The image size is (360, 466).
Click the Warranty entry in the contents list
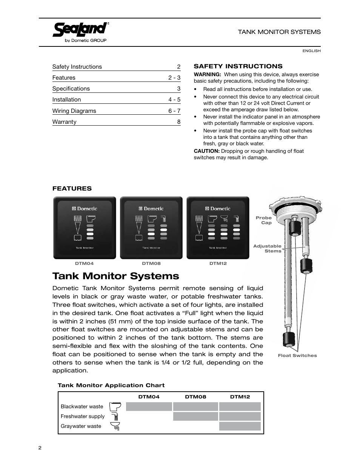(x=65, y=122)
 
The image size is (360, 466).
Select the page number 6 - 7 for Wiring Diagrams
(x=174, y=111)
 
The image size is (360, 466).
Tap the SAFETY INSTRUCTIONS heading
(x=238, y=66)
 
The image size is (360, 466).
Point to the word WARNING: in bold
(x=207, y=74)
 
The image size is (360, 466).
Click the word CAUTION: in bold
(x=206, y=151)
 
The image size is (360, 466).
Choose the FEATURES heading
(x=72, y=189)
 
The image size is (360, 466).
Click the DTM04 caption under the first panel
(x=84, y=263)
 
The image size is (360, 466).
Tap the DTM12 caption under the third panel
(x=218, y=263)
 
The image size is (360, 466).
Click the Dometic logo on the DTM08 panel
(x=151, y=208)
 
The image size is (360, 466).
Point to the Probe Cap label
(x=264, y=220)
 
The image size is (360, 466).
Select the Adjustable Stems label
(x=267, y=248)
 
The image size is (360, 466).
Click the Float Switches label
(x=297, y=355)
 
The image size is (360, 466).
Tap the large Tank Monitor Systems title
(x=116, y=276)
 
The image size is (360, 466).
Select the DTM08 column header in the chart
(x=195, y=397)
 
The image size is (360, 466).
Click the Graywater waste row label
(x=81, y=426)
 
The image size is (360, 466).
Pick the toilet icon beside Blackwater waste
(x=115, y=406)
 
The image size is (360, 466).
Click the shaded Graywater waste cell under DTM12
(x=240, y=426)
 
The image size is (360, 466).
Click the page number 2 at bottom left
(x=40, y=448)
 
